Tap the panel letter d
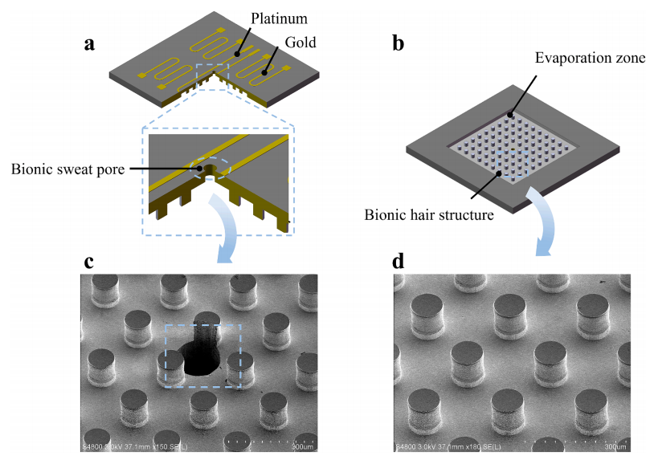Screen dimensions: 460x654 (399, 263)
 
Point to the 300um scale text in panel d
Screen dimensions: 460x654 (615, 447)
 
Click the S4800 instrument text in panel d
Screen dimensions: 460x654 (405, 447)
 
